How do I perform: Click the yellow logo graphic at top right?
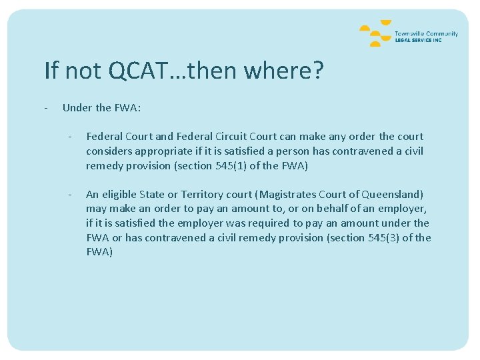tap(375, 35)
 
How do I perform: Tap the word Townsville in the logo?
tap(408, 33)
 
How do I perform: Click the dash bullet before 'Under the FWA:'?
tap(45, 108)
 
